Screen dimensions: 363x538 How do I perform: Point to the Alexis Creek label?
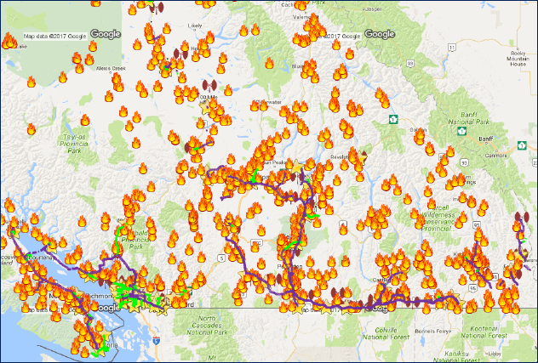[112, 68]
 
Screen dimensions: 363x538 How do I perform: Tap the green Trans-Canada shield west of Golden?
[392, 118]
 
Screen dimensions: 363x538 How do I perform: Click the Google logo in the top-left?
[106, 35]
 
